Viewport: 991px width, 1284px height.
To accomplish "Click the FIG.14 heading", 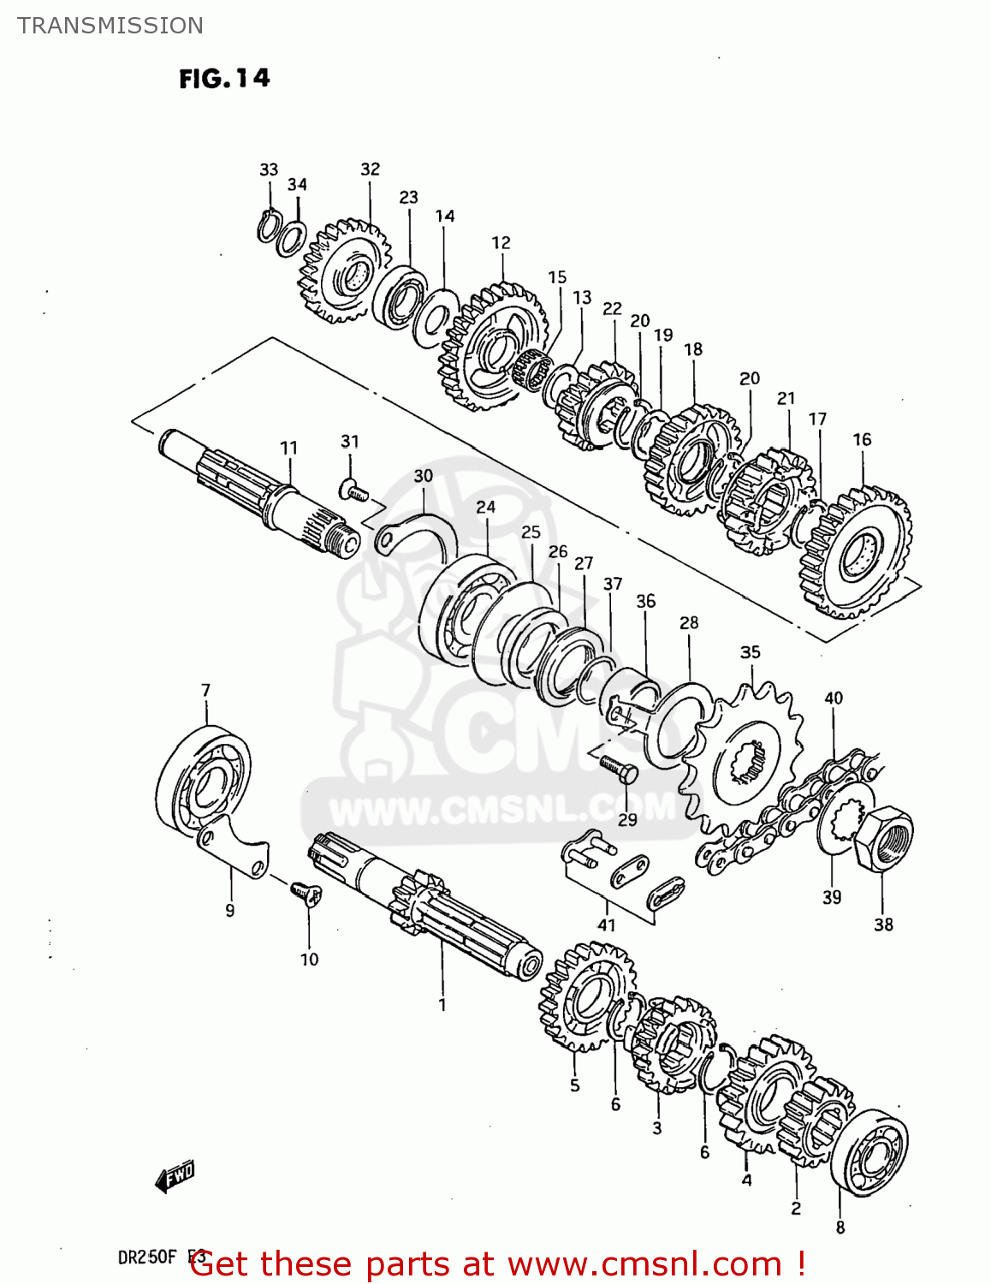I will tap(224, 79).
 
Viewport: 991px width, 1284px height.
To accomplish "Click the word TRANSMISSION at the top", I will tap(110, 26).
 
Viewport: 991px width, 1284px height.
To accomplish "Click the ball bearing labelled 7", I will tap(204, 780).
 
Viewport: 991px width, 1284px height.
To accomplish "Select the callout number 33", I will tap(269, 169).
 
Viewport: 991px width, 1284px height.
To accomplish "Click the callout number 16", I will tap(862, 439).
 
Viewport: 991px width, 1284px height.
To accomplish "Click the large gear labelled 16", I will tap(856, 552).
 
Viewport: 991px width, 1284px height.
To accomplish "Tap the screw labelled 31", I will tap(353, 491).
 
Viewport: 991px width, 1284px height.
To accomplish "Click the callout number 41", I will tap(606, 924).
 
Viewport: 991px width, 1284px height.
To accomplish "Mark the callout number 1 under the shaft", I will tap(442, 1004).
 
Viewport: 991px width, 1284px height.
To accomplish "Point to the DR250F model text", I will tap(147, 1257).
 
